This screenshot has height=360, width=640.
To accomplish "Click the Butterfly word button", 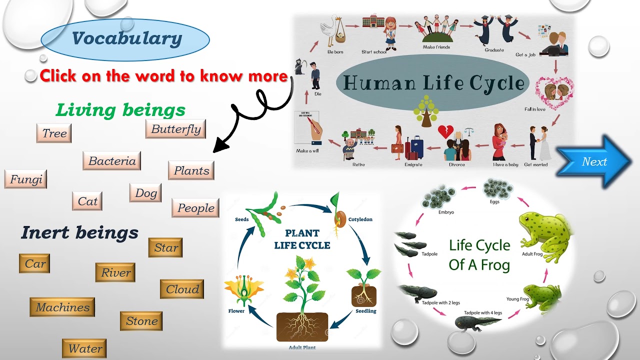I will (176, 129).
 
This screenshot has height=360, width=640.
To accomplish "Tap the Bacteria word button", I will (112, 161).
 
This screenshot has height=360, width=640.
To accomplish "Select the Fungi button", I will (26, 179).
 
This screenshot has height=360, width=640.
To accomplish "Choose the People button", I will (195, 208).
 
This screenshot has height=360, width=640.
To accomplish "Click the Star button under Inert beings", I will (166, 247).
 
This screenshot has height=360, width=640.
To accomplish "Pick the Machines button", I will (62, 307).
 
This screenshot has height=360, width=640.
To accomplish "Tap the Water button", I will (85, 348).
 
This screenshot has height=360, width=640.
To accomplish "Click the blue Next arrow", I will (594, 161).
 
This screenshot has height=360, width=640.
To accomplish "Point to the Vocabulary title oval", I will (125, 39).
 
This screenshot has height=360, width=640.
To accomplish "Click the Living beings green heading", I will (120, 109).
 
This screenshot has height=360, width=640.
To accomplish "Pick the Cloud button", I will (182, 289).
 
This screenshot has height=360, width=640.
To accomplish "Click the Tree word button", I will (54, 133).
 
